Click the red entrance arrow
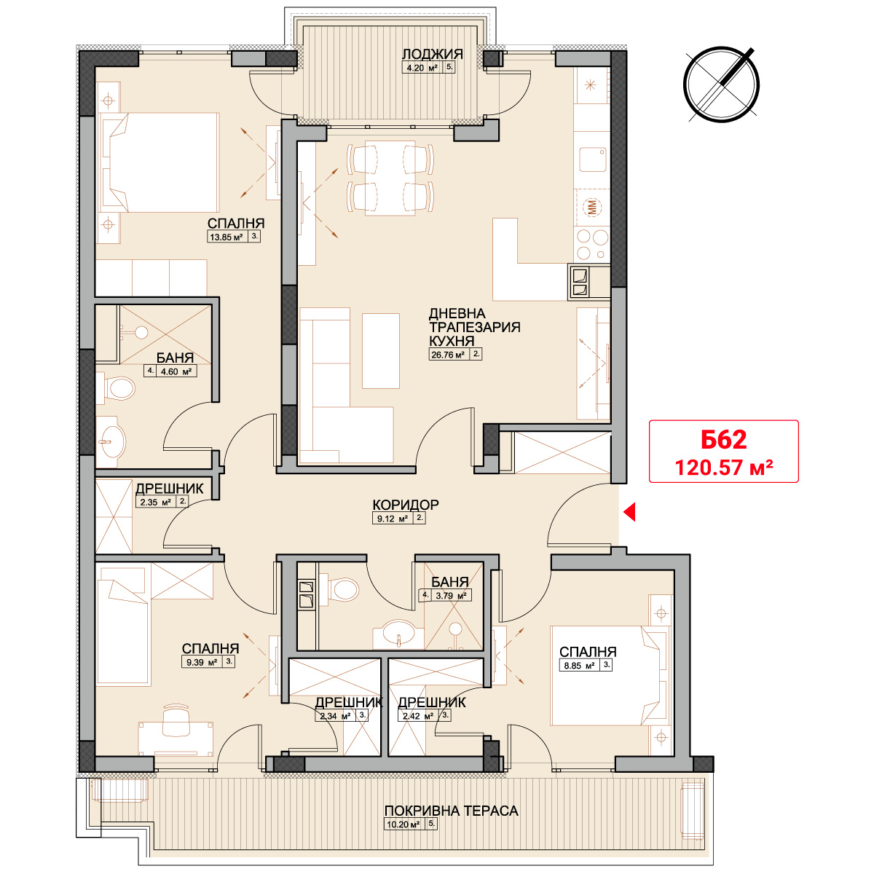[x=629, y=512]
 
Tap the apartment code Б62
[x=723, y=439]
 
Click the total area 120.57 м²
[x=724, y=467]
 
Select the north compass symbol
[x=721, y=84]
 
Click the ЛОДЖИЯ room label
[x=432, y=54]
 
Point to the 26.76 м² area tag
[x=455, y=354]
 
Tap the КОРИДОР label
[x=406, y=504]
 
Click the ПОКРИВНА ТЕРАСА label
[x=451, y=811]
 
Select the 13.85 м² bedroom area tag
[x=234, y=236]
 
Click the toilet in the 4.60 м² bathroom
[x=117, y=389]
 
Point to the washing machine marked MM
[x=592, y=208]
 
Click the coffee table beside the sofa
[x=380, y=350]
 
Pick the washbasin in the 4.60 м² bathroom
[x=109, y=442]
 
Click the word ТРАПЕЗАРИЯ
[x=474, y=326]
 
